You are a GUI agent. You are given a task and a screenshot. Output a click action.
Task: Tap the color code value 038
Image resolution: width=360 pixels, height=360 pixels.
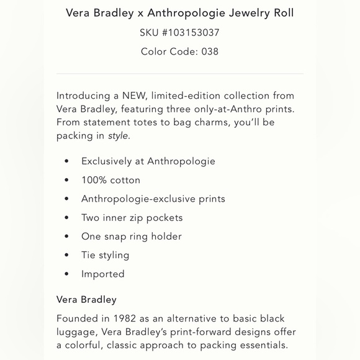point(210,52)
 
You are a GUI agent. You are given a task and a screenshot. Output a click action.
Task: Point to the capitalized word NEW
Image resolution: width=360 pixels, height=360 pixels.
point(133,96)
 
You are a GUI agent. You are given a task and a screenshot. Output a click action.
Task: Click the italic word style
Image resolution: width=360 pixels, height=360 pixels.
point(118,136)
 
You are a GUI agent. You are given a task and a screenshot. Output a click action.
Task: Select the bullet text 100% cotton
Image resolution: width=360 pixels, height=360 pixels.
point(110,180)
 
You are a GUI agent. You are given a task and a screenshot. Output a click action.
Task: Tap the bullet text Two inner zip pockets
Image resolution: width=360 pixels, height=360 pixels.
point(132,218)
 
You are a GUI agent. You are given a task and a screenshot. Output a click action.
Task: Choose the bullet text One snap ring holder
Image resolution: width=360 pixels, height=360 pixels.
point(131,236)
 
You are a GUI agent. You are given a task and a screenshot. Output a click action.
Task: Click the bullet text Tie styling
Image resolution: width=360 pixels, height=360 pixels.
point(105,255)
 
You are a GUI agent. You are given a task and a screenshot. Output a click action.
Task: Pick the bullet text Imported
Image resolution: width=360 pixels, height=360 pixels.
point(102,274)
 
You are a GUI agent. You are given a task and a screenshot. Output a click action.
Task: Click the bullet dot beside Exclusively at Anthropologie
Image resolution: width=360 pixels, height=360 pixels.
point(66,161)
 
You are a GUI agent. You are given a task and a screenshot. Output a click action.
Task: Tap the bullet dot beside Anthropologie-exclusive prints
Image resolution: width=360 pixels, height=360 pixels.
point(66,199)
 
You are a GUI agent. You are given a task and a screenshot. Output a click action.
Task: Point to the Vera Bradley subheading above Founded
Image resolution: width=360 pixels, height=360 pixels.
point(86,300)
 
